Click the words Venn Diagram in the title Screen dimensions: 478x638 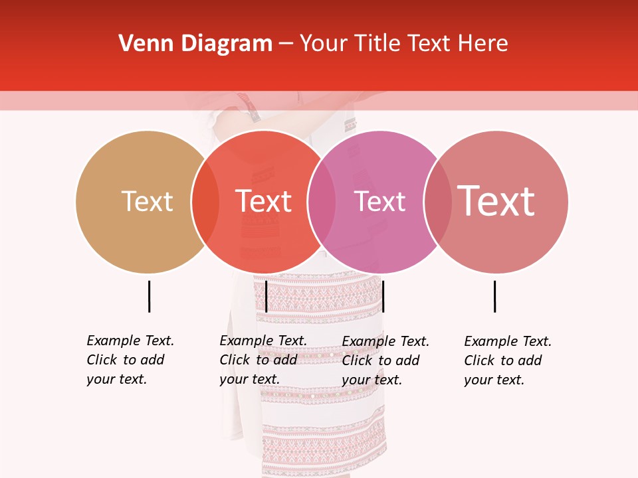coord(195,44)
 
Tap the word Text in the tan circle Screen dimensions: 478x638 coord(147,201)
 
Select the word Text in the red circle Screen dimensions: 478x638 coord(264,201)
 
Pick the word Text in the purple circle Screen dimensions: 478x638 coord(379,201)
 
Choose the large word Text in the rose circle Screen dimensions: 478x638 coord(496,201)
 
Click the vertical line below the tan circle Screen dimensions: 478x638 coord(149,296)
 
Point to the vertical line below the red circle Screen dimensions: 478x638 coord(266,296)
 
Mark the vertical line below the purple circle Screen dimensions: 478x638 coord(383,296)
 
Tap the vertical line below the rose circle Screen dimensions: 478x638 coord(494,296)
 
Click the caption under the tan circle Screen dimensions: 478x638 coord(130,360)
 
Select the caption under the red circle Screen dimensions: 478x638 coord(263,360)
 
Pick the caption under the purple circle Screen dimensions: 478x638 coord(385,360)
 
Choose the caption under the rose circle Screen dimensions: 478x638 coord(508,360)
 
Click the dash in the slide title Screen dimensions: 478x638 coord(286,44)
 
